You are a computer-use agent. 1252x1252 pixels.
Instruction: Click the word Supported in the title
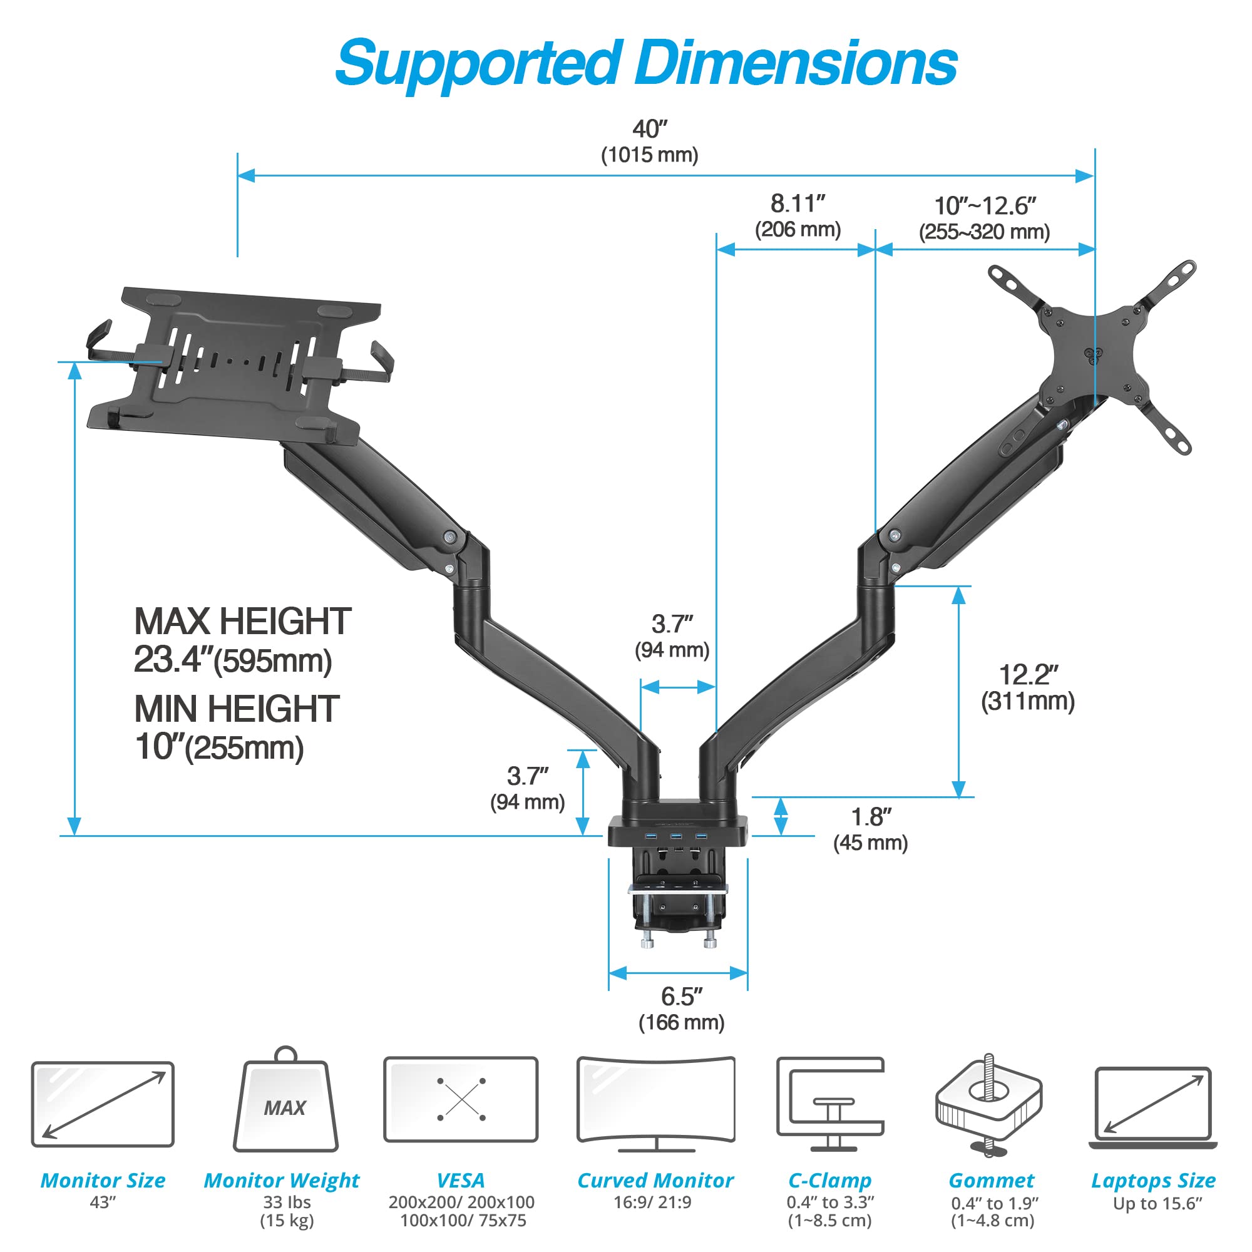(476, 63)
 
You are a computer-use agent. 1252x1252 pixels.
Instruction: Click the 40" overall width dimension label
(649, 130)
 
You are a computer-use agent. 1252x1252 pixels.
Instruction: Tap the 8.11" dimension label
(797, 204)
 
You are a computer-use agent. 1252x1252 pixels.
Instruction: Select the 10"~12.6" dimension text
(984, 207)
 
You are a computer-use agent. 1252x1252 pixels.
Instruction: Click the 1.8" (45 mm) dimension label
(870, 829)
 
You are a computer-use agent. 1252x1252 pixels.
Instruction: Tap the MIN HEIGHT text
(237, 710)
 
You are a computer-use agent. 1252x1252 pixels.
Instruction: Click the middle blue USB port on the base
(676, 836)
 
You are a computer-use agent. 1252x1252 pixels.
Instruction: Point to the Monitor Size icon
(103, 1104)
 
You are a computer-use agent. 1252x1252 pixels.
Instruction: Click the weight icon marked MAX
(285, 1106)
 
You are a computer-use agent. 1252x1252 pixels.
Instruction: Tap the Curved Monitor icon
(656, 1104)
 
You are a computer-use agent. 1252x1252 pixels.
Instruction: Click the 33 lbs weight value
(287, 1202)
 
